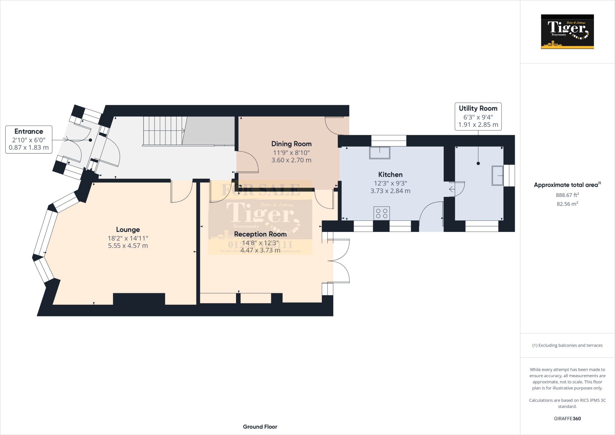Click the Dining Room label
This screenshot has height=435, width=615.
tap(291, 144)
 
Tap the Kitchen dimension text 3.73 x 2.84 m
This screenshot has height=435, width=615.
tap(390, 191)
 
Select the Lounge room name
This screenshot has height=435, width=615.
tap(128, 230)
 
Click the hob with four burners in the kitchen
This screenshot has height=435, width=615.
tap(382, 214)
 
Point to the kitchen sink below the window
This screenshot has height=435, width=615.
tap(380, 153)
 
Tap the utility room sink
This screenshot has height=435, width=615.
tap(497, 175)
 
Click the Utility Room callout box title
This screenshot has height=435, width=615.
tap(478, 108)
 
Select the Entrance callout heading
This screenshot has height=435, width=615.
tap(29, 132)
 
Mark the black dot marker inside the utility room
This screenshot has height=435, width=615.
tap(478, 163)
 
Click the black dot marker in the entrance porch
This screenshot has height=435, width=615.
tap(90, 140)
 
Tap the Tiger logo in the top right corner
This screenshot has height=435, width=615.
tap(567, 32)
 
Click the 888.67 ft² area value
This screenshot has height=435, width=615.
tap(567, 195)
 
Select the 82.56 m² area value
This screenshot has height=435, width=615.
tap(567, 204)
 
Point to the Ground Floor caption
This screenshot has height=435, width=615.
tap(260, 427)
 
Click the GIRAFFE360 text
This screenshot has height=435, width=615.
tap(567, 418)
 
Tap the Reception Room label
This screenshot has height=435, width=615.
tap(260, 234)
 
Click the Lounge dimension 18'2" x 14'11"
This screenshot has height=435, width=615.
tap(128, 238)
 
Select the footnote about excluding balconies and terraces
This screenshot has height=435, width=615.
tap(567, 345)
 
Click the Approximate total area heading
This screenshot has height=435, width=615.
tap(566, 185)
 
